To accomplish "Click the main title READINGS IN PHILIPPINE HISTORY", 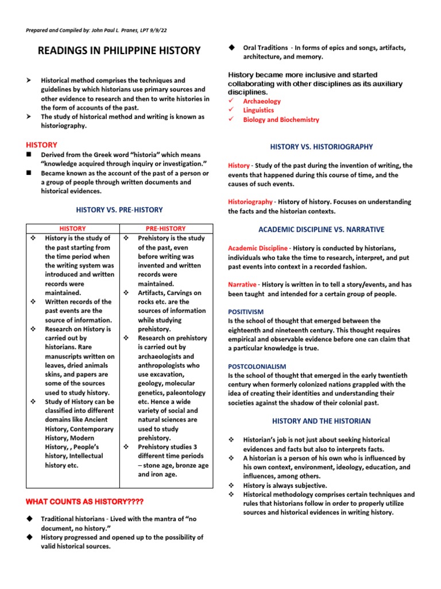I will [119, 51].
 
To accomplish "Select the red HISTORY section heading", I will [42, 145].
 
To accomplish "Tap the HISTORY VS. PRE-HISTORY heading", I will [119, 210].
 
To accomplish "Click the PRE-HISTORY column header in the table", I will [165, 228].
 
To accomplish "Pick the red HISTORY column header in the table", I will [73, 228].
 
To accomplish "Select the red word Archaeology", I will [262, 101].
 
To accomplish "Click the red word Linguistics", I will [258, 110].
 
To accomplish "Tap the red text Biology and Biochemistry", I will [281, 120].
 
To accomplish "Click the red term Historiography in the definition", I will [250, 202].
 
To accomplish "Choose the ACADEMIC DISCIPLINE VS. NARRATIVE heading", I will [322, 230].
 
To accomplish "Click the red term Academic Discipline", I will [258, 248].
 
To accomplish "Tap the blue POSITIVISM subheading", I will [246, 312].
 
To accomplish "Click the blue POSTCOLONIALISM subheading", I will [257, 366].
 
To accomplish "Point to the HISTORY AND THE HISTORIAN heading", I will [322, 421].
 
